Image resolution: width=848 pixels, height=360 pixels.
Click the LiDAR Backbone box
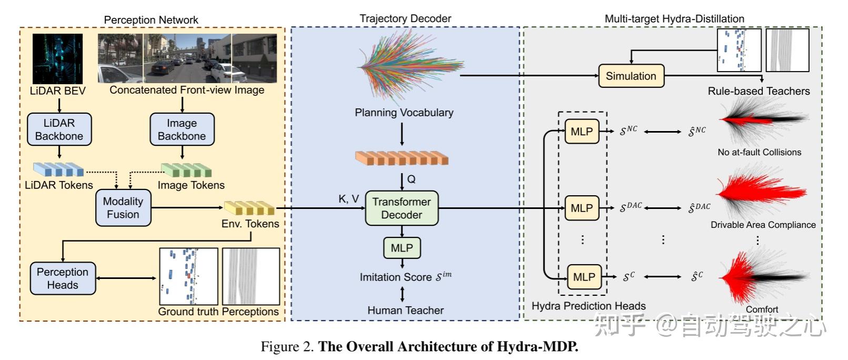59,129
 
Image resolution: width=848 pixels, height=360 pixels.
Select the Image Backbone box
182,129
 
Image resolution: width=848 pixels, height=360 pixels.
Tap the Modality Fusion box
123,208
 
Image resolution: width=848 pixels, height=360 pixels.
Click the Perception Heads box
63,278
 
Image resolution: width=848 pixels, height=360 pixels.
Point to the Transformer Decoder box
401,208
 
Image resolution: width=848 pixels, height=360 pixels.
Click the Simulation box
631,76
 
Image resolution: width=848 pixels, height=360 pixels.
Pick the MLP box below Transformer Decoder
402,248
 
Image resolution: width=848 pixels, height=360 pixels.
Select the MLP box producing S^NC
582,132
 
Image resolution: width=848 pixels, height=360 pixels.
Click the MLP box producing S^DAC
582,208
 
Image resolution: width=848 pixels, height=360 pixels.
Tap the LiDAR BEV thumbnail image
57,58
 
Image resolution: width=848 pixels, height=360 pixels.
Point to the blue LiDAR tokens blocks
58,169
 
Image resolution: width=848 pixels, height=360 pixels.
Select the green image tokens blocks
186,169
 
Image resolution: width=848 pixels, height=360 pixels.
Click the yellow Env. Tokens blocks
249,208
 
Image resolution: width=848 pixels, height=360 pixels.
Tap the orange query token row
401,158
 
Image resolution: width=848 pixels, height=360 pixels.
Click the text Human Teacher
406,311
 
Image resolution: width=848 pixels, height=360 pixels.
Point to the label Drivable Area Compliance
763,225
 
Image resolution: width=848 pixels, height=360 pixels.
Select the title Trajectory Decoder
405,18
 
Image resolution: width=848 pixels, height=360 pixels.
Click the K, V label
348,199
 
